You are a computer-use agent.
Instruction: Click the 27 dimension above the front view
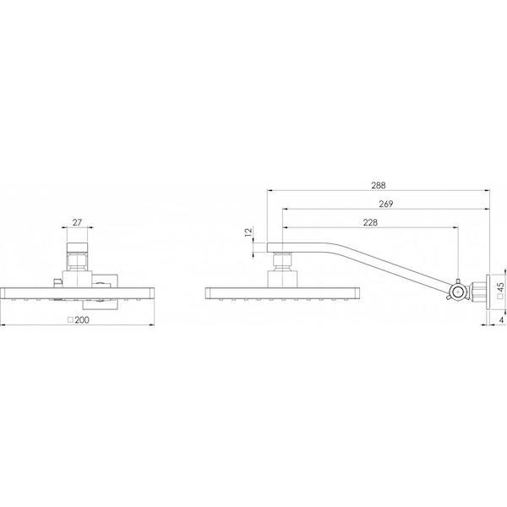[78, 223]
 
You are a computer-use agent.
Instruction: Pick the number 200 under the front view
[81, 321]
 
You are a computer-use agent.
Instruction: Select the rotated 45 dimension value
[501, 288]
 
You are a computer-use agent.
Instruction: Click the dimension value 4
[501, 320]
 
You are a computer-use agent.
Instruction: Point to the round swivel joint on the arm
[457, 292]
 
